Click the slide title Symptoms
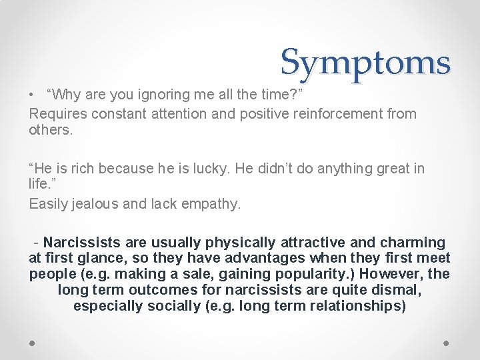point(365,63)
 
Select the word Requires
point(58,113)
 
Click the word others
point(51,130)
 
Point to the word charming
point(414,242)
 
